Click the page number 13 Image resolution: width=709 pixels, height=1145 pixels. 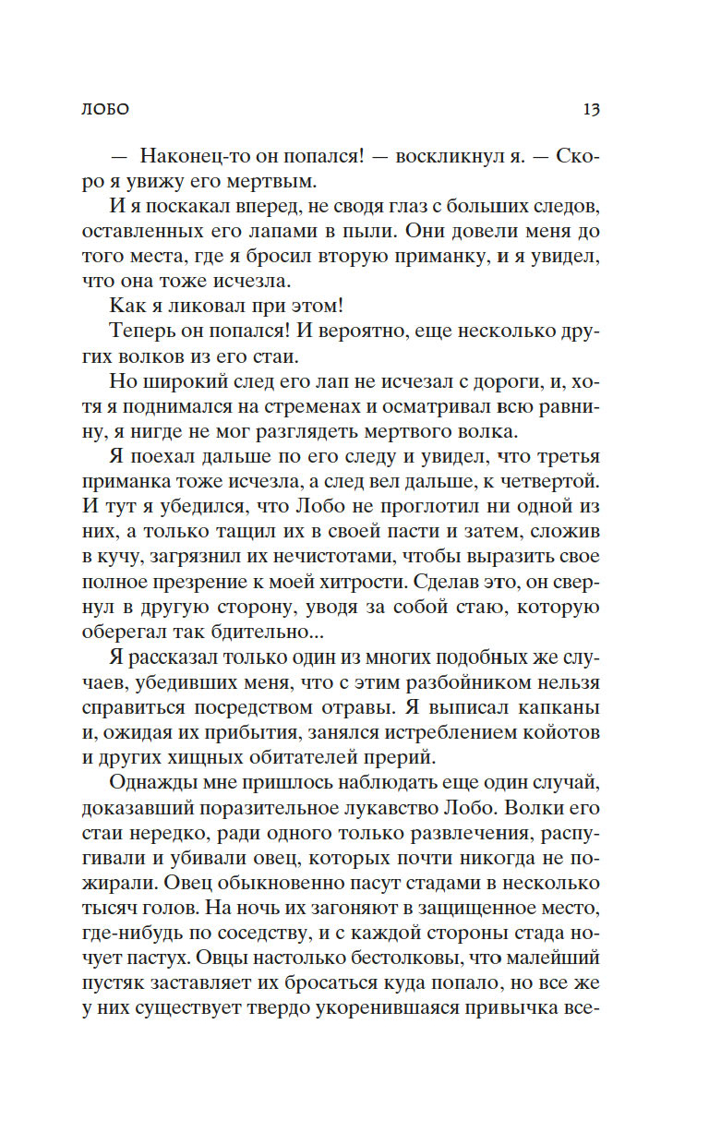point(592,109)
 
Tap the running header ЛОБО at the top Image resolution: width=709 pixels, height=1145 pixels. point(104,109)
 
